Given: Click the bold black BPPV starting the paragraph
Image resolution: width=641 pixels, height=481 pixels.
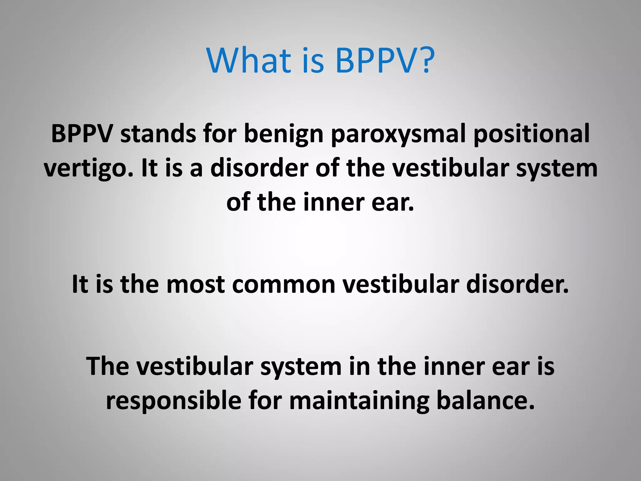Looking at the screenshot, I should (82, 134).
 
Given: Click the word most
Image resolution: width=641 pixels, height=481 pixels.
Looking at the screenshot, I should (195, 284).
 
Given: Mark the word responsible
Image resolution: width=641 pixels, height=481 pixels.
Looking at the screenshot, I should (173, 401).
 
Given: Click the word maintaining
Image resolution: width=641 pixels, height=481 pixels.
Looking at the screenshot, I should (359, 401).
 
